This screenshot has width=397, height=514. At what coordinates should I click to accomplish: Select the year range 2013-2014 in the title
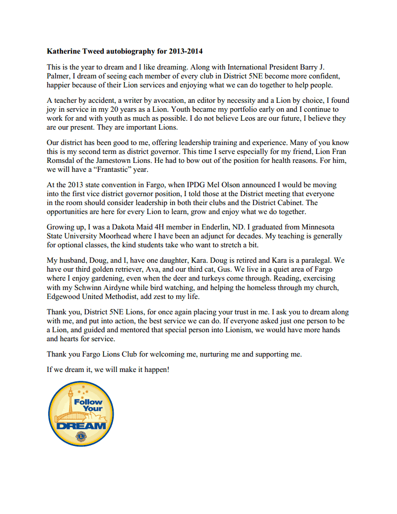186,51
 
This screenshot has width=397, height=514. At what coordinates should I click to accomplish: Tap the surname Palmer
59,76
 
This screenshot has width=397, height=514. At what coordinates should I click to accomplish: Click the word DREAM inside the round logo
81,425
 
